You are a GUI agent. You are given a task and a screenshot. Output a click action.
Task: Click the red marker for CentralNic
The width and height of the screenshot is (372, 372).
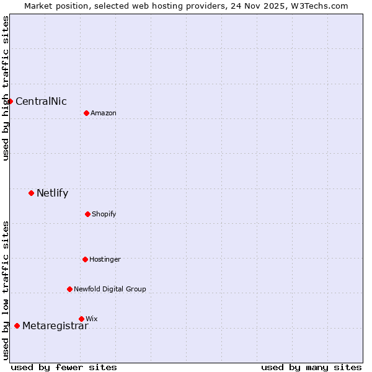coord(10,101)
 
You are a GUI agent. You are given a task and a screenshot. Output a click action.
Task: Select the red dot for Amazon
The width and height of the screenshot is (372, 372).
coord(86,113)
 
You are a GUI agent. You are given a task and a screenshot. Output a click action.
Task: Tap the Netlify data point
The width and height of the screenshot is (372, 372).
coord(31,193)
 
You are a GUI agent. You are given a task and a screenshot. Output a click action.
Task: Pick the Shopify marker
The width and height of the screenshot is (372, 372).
coord(87,214)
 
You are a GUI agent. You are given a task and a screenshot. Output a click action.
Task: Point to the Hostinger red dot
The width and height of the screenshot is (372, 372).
coord(85,259)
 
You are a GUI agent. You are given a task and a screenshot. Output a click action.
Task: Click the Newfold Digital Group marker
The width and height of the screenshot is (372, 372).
coord(69,289)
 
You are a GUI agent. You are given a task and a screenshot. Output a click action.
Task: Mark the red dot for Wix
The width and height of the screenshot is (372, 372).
coord(81,319)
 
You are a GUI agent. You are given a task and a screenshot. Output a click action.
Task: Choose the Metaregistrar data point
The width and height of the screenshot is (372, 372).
coord(17,325)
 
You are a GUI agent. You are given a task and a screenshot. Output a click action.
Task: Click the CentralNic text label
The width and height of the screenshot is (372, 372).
coord(41,102)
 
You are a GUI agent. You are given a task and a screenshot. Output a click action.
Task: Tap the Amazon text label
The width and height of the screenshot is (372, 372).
coord(104,113)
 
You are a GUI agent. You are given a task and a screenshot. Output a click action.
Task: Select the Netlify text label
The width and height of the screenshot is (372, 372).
coord(52,193)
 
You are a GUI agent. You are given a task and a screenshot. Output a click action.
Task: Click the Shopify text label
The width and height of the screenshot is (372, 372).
coord(104,215)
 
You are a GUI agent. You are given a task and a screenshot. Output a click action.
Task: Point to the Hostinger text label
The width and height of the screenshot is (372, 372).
coord(105,260)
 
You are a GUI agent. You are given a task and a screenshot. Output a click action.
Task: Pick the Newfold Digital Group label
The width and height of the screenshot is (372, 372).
coord(110,290)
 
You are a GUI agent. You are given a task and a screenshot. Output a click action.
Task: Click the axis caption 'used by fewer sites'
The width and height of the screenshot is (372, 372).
coord(64,367)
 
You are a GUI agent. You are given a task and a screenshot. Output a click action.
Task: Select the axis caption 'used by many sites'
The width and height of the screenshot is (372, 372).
coord(311,367)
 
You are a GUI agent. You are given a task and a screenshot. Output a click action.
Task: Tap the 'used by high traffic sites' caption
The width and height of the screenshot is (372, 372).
coord(6,88)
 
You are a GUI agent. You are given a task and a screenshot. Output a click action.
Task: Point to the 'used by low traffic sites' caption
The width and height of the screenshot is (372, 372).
coord(6,290)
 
